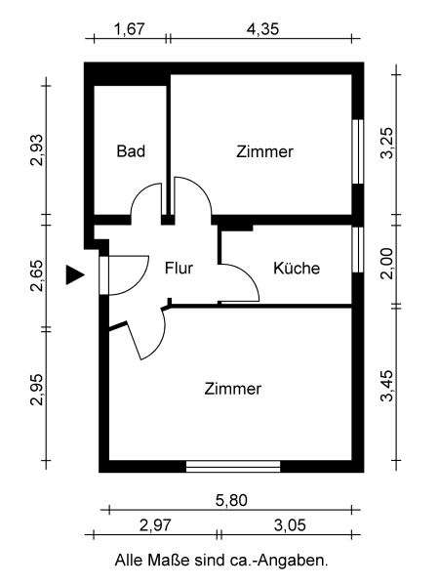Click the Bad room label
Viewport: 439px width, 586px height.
131,151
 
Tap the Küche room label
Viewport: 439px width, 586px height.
297,268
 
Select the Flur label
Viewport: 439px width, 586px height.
179,268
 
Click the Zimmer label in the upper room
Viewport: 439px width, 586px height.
264,151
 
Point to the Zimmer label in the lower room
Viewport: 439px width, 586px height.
232,389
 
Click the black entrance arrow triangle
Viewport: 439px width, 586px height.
74,275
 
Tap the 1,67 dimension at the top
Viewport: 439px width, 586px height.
129,28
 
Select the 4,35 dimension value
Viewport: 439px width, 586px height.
262,28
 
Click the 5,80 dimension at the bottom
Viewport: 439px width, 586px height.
231,500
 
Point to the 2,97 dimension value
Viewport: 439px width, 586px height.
155,525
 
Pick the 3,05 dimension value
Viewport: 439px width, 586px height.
290,525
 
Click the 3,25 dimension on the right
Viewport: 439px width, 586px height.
387,144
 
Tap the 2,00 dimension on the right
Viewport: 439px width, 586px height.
387,264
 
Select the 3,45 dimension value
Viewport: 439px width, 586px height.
387,386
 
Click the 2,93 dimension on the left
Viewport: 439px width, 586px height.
38,149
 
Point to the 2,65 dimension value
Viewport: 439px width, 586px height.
38,275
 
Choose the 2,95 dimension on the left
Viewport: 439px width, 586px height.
38,390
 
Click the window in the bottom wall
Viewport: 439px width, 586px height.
233,467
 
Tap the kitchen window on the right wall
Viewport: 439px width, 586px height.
358,249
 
